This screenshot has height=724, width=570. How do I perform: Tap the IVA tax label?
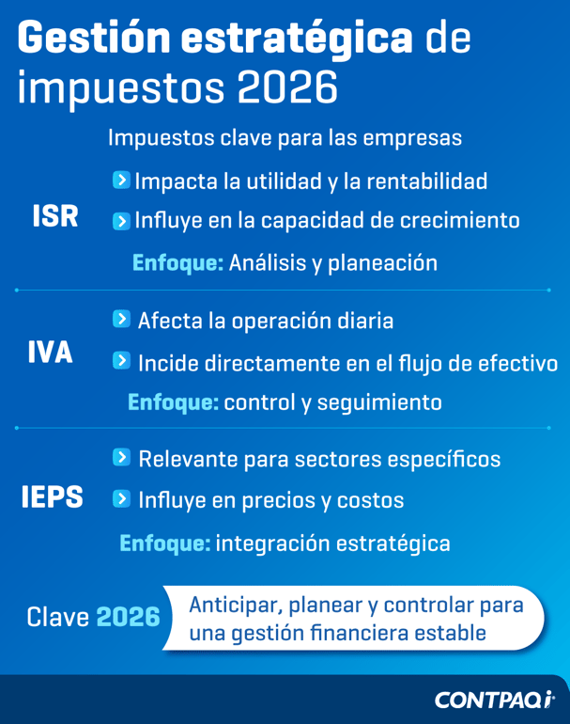[x=50, y=354]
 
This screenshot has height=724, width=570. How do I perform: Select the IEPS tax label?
[x=53, y=497]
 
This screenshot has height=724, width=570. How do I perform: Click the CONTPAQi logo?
[x=494, y=700]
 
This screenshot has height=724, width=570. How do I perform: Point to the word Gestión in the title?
[x=94, y=40]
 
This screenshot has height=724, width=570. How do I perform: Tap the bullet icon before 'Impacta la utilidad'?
[x=121, y=179]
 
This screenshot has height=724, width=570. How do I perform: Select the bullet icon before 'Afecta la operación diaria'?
[x=121, y=320]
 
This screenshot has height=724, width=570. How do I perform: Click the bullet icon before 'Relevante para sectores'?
[x=121, y=458]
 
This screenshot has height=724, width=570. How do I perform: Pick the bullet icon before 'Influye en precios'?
[x=121, y=499]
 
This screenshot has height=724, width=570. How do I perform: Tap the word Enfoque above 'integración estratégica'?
[x=164, y=543]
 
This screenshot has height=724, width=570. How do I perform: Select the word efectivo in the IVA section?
[x=518, y=363]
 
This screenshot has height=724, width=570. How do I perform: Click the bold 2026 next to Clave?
[x=128, y=618]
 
